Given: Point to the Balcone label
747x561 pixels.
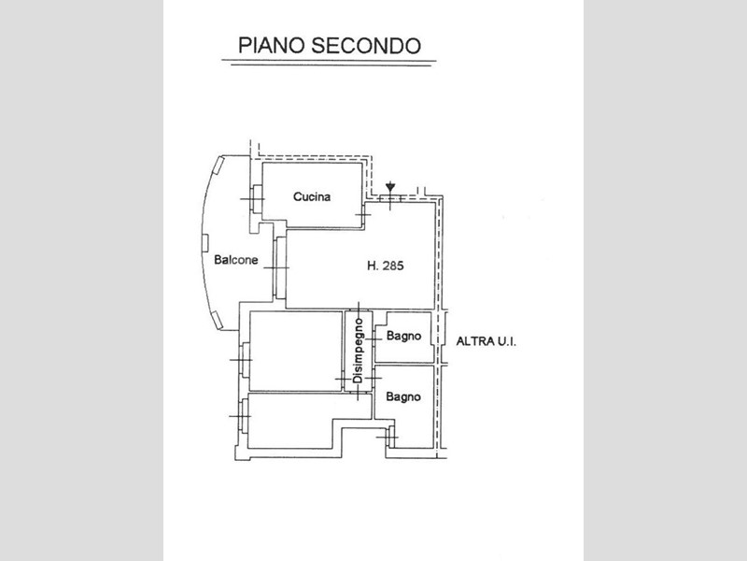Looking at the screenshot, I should pyautogui.click(x=235, y=261).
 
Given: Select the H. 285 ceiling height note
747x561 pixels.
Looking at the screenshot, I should pyautogui.click(x=385, y=266).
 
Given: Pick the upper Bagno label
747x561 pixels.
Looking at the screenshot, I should pyautogui.click(x=403, y=336).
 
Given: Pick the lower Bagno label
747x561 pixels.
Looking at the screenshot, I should pyautogui.click(x=403, y=396).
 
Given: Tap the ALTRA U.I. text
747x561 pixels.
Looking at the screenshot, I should pyautogui.click(x=486, y=342).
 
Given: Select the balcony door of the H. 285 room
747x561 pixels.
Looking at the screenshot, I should pyautogui.click(x=277, y=267).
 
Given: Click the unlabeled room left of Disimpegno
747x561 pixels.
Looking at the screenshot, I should pyautogui.click(x=295, y=350).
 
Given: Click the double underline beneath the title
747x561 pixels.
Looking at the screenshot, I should pyautogui.click(x=329, y=63).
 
